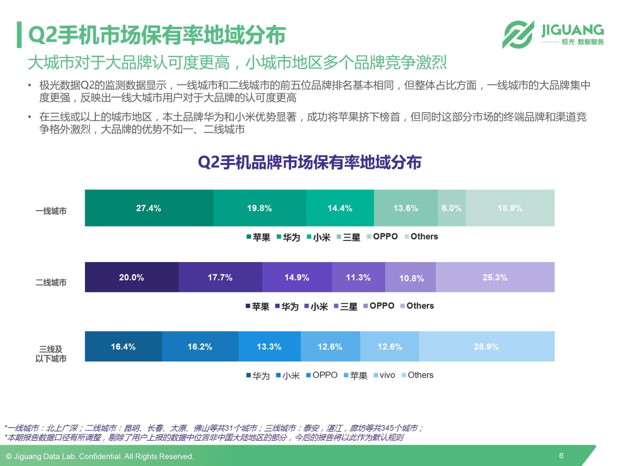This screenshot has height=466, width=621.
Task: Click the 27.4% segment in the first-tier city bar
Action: click(x=149, y=208)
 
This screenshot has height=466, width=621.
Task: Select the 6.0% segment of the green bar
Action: click(x=452, y=208)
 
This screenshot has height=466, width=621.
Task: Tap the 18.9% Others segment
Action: click(x=510, y=208)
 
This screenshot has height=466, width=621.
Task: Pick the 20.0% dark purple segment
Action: click(x=132, y=277)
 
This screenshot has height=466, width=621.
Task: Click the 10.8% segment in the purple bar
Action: click(x=411, y=277)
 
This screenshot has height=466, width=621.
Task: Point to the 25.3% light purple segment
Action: click(x=495, y=277)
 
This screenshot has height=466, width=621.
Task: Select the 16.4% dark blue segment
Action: click(x=123, y=346)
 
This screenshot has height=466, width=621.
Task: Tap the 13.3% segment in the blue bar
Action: click(x=269, y=346)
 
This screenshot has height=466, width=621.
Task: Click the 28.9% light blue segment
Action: click(x=487, y=346)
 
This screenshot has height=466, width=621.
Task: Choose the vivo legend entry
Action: click(x=384, y=375)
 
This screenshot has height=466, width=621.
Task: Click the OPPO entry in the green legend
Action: click(x=382, y=236)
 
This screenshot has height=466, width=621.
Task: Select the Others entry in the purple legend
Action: click(x=417, y=306)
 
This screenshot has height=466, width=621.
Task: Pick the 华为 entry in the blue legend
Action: click(x=258, y=376)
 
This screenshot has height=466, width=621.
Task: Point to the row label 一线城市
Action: click(x=51, y=211)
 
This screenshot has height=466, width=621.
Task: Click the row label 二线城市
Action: click(x=51, y=282)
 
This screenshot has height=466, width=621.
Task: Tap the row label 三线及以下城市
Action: click(x=51, y=354)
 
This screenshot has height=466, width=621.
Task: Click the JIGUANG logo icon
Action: click(x=518, y=35)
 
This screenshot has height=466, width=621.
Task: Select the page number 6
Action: click(x=562, y=456)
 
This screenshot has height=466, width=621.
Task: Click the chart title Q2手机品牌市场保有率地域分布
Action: click(x=310, y=162)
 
